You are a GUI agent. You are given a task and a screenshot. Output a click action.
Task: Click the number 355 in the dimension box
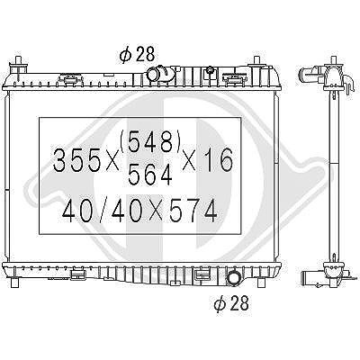(76, 160)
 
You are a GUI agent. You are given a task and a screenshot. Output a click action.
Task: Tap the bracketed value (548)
(150, 141)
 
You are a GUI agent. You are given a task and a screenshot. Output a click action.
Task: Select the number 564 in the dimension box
(150, 175)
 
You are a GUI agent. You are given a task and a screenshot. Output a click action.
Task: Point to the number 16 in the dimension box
(218, 160)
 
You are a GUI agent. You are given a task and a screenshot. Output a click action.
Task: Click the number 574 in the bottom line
(193, 211)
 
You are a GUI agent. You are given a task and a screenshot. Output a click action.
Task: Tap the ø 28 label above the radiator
(137, 54)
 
